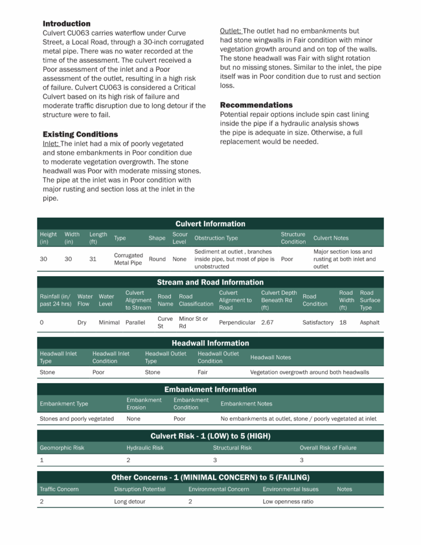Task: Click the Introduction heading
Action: click(67, 24)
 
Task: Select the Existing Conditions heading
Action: click(80, 134)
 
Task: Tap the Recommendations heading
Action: click(256, 105)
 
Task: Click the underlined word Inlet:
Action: click(51, 144)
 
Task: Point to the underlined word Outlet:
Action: click(231, 31)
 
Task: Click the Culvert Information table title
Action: click(210, 224)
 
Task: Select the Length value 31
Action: click(93, 259)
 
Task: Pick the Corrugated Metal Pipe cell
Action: click(128, 259)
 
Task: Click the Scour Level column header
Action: click(180, 238)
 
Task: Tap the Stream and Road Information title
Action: click(210, 282)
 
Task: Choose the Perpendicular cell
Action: click(237, 323)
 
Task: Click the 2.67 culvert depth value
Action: click(267, 323)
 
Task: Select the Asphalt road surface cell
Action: click(370, 323)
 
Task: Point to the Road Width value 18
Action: click(343, 323)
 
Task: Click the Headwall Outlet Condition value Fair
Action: click(203, 373)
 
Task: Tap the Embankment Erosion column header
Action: click(144, 403)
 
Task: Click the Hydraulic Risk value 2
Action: click(128, 460)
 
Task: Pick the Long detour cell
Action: click(129, 501)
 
